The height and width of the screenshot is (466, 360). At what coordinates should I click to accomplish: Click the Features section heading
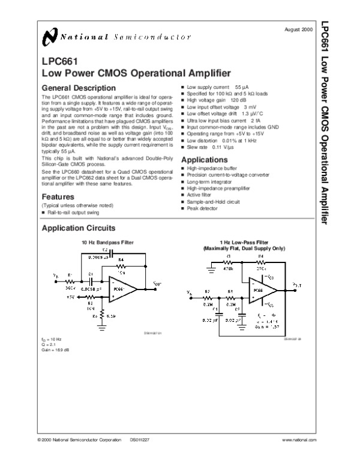click(58, 197)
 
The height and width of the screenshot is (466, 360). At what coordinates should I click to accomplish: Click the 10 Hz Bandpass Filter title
click(107, 242)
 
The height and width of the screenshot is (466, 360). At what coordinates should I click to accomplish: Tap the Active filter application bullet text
click(202, 195)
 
